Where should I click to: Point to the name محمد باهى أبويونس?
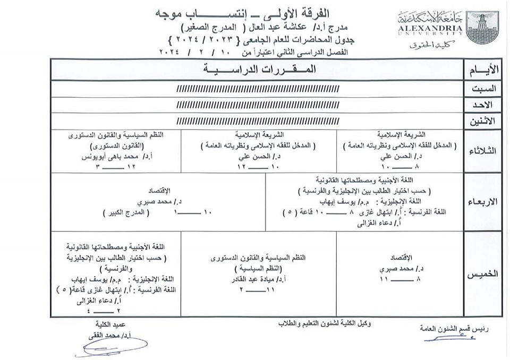point(118,157)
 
